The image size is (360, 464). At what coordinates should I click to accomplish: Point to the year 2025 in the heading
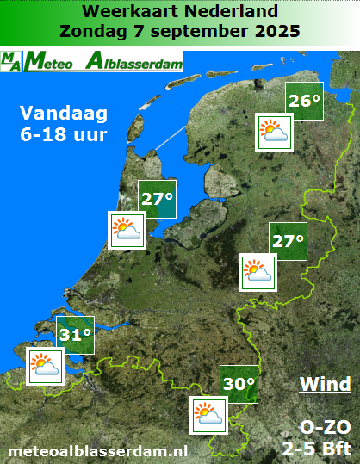(271, 31)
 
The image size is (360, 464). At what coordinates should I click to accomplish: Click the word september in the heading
(190, 32)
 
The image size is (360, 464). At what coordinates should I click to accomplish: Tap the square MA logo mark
(12, 62)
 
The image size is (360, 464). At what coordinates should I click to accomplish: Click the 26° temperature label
(305, 101)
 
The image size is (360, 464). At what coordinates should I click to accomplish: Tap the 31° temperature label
(75, 334)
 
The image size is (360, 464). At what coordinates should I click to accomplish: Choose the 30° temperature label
(239, 383)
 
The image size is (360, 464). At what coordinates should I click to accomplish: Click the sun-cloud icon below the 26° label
(275, 132)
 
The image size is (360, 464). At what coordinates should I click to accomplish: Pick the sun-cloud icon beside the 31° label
(44, 365)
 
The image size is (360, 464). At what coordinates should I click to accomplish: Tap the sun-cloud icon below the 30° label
(208, 416)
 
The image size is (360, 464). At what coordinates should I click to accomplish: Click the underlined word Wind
(325, 384)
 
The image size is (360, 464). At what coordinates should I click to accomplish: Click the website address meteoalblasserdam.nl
(97, 449)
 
